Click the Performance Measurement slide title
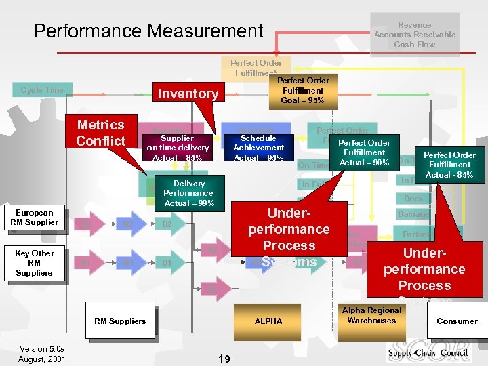pyautogui.click(x=148, y=31)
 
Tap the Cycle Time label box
pyautogui.click(x=41, y=90)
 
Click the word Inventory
pyautogui.click(x=188, y=94)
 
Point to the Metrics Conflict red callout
pyautogui.click(x=101, y=132)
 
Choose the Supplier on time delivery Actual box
pyautogui.click(x=178, y=148)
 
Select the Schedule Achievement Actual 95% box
pyautogui.click(x=258, y=148)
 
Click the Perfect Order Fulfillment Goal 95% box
pyautogui.click(x=303, y=91)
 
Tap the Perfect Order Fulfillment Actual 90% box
pyautogui.click(x=364, y=152)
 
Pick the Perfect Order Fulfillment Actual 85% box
pyautogui.click(x=449, y=165)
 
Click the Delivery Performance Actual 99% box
pyautogui.click(x=188, y=193)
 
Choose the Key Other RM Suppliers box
pyautogui.click(x=35, y=263)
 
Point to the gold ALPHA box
pyautogui.click(x=268, y=321)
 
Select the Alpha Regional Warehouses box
pyautogui.click(x=371, y=316)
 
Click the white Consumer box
pyautogui.click(x=457, y=321)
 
